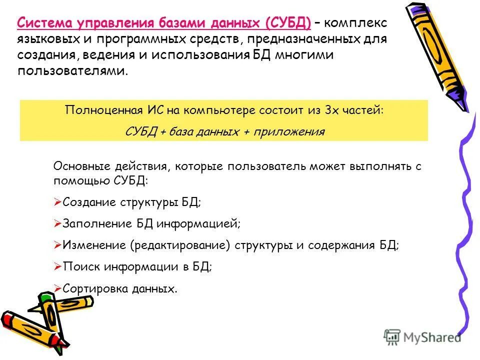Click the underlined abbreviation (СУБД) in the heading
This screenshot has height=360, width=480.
[288, 23]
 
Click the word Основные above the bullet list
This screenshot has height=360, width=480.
[78, 166]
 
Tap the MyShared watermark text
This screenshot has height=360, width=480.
[432, 337]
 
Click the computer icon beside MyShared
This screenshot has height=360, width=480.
[392, 337]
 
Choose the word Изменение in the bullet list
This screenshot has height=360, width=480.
[94, 245]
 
